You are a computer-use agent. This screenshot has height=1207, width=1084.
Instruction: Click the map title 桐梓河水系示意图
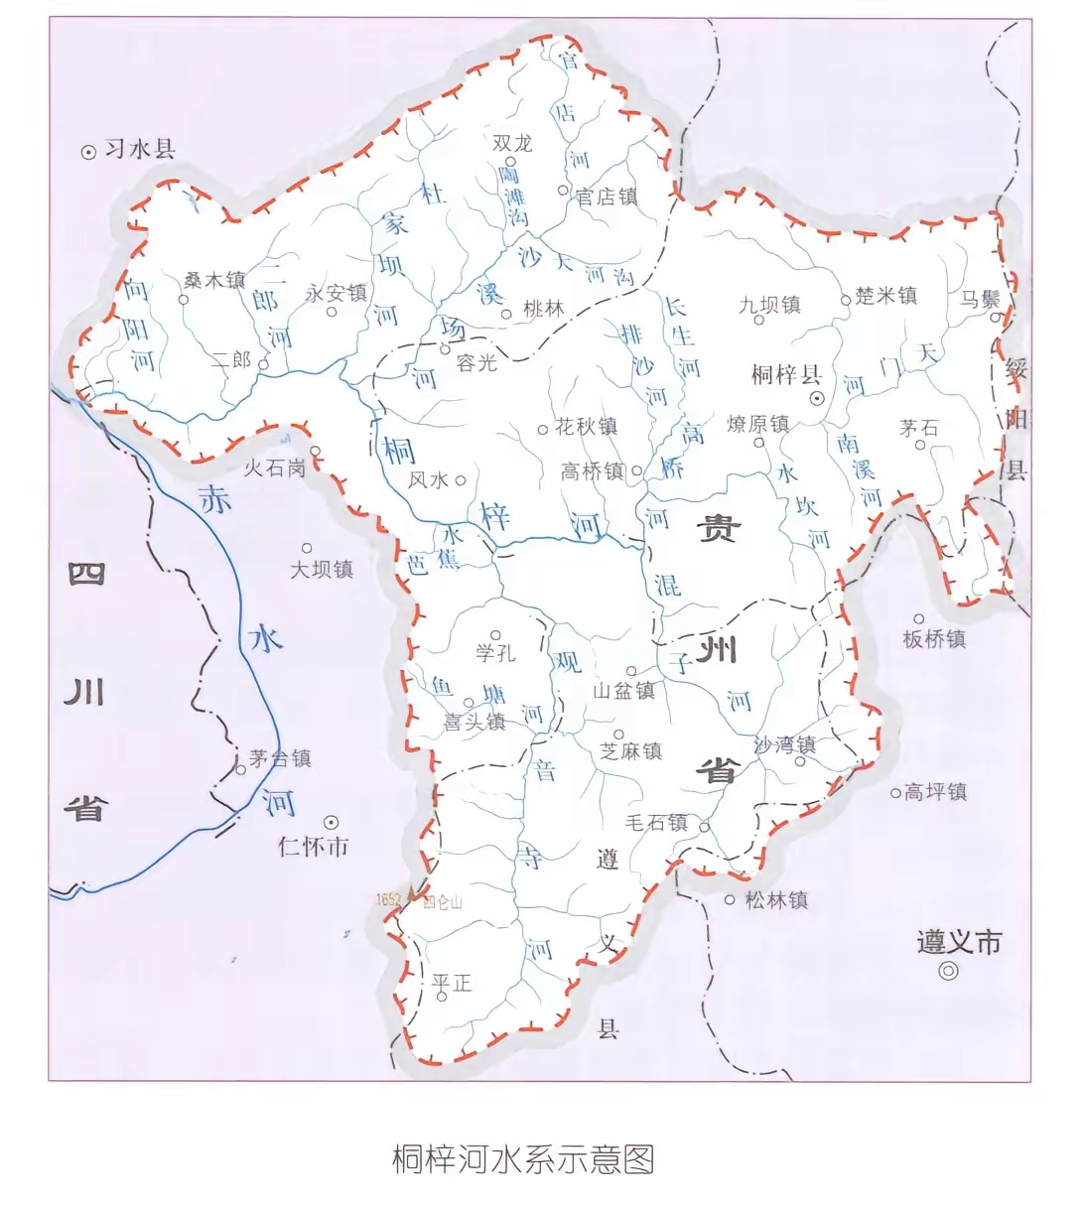coord(523,1158)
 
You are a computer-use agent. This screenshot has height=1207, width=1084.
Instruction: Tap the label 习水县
coord(140,150)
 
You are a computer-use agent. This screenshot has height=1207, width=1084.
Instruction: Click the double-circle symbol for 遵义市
coord(949,971)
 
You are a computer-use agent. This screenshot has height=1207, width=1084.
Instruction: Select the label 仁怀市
coord(314,847)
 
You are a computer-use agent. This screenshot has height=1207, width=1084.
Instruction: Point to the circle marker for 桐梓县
coord(818,398)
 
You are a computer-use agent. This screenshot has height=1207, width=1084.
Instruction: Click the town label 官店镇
coord(607,197)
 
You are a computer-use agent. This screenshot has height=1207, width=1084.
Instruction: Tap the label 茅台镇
coord(281,758)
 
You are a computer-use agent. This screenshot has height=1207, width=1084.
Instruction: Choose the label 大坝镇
coord(322,569)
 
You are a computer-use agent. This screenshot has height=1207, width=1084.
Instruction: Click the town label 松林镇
coord(776,899)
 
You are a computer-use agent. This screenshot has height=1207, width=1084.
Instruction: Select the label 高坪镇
coord(935,791)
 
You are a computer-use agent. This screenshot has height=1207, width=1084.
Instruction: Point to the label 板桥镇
coord(934,639)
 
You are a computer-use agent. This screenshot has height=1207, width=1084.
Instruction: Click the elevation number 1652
coord(388,899)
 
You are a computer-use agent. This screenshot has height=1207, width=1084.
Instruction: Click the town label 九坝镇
coord(769,304)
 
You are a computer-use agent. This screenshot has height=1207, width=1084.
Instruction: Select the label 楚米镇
coord(885,295)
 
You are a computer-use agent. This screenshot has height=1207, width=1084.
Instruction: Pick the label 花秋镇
coord(586,427)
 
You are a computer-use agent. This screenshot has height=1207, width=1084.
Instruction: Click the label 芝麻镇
coord(631,751)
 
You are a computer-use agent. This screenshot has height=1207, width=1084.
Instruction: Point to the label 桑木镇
coord(214,281)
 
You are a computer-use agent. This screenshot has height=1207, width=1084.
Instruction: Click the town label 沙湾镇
coord(785,744)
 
